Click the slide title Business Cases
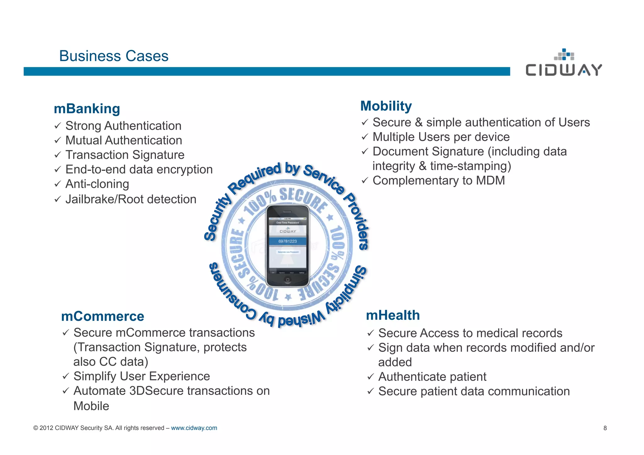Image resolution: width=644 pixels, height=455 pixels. click(114, 56)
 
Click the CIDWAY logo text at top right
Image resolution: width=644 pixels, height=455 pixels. click(564, 70)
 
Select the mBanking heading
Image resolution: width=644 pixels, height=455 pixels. click(87, 109)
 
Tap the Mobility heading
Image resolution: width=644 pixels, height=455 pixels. click(386, 106)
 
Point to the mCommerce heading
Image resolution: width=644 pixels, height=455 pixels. click(103, 316)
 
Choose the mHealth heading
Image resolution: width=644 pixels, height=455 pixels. click(393, 315)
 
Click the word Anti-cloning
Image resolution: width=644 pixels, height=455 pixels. click(97, 184)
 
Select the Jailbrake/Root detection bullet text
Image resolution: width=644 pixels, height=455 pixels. click(131, 199)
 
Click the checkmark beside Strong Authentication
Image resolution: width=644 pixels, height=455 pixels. click(57, 126)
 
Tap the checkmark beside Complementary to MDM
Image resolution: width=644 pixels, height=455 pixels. click(364, 181)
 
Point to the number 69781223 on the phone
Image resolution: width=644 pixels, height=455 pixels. click(287, 241)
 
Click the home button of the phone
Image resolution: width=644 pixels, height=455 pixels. click(287, 280)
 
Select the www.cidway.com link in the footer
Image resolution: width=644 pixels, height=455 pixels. click(194, 428)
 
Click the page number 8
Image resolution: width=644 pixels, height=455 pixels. click(605, 428)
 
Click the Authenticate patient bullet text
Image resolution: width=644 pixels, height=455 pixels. click(432, 377)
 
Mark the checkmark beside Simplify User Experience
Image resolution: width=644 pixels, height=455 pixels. click(65, 376)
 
